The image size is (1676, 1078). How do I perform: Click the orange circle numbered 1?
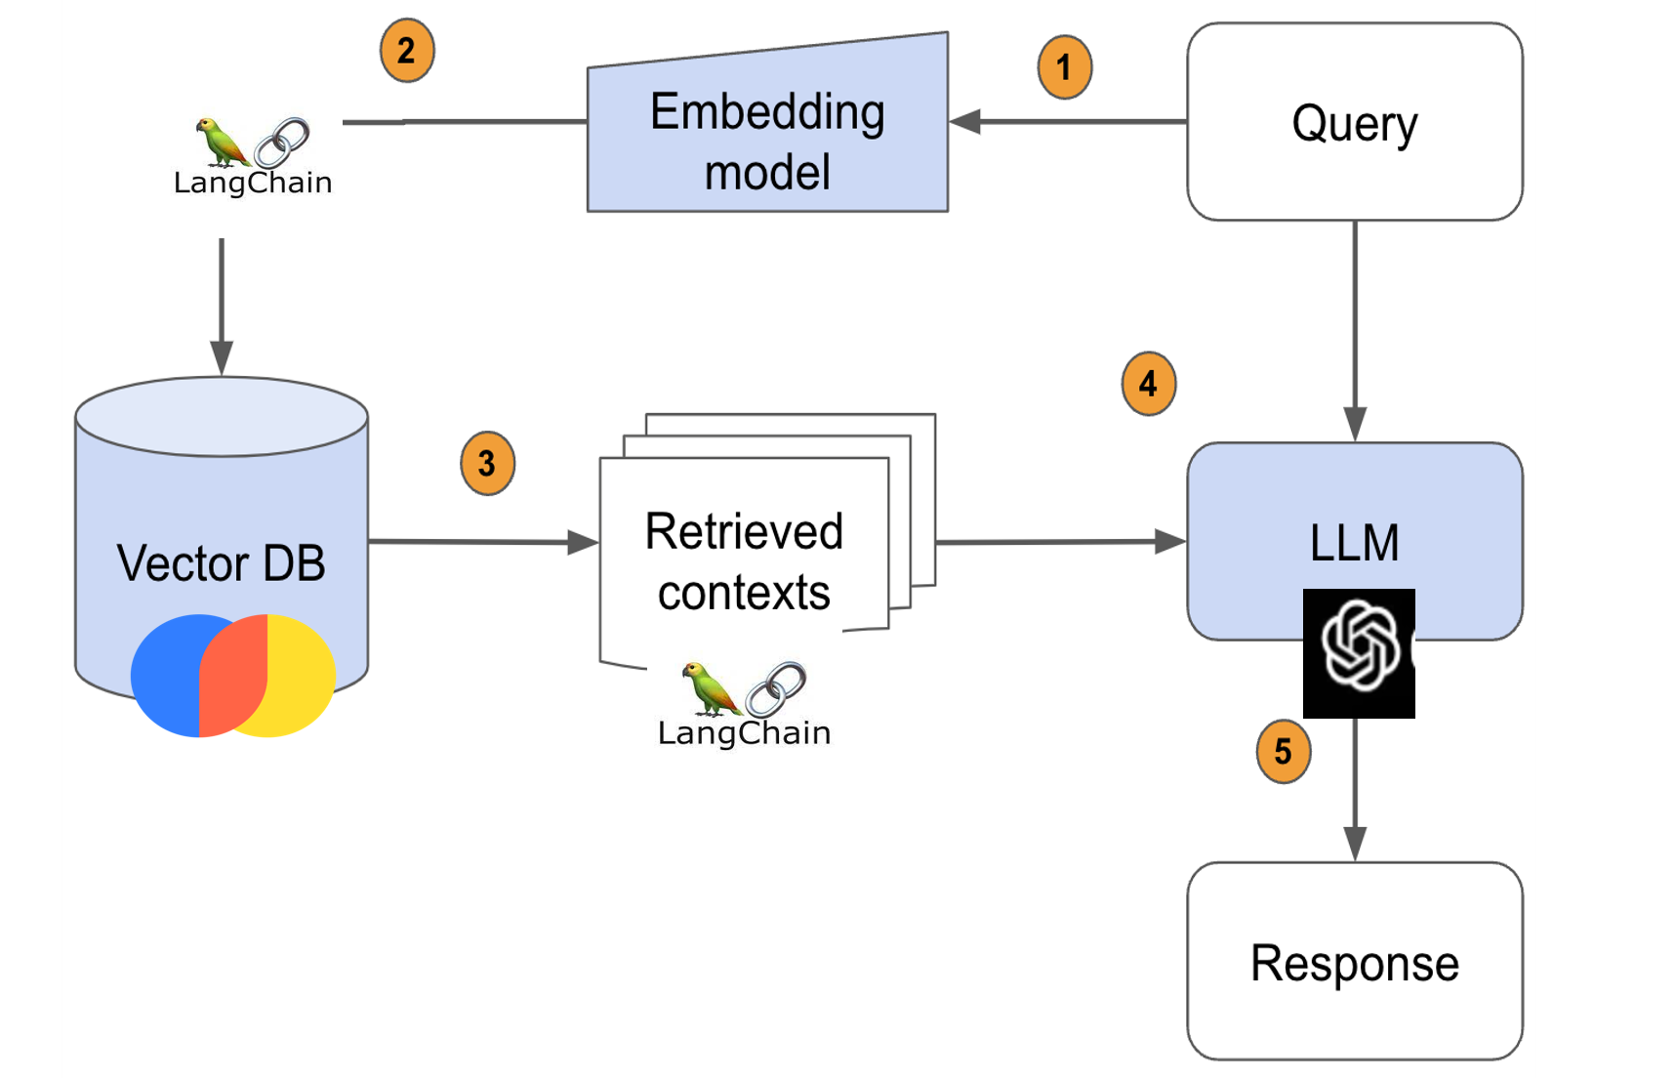[x=1064, y=67]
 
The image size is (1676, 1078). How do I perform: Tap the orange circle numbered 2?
[x=406, y=51]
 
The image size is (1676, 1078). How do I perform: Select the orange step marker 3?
[x=487, y=463]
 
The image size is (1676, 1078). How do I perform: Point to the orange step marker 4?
[x=1148, y=384]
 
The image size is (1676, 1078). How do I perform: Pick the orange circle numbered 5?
[x=1283, y=751]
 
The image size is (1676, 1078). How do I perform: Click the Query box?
[x=1354, y=122]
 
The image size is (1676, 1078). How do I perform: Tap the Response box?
[x=1354, y=962]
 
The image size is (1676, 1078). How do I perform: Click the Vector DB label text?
[x=221, y=563]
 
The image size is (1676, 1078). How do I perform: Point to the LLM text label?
[x=1354, y=543]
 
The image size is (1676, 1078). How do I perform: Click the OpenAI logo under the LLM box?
[x=1359, y=652]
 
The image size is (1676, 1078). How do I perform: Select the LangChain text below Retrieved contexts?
[x=744, y=732]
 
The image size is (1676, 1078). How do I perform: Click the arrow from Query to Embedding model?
[x=1069, y=122]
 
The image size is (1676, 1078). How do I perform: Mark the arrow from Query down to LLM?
[x=1355, y=332]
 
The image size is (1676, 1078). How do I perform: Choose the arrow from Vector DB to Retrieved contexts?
[x=483, y=541]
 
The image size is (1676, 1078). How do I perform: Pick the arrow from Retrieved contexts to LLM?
[x=1060, y=541]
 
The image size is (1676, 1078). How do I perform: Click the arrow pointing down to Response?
[x=1355, y=791]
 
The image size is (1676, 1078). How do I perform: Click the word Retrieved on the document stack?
[x=744, y=532]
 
